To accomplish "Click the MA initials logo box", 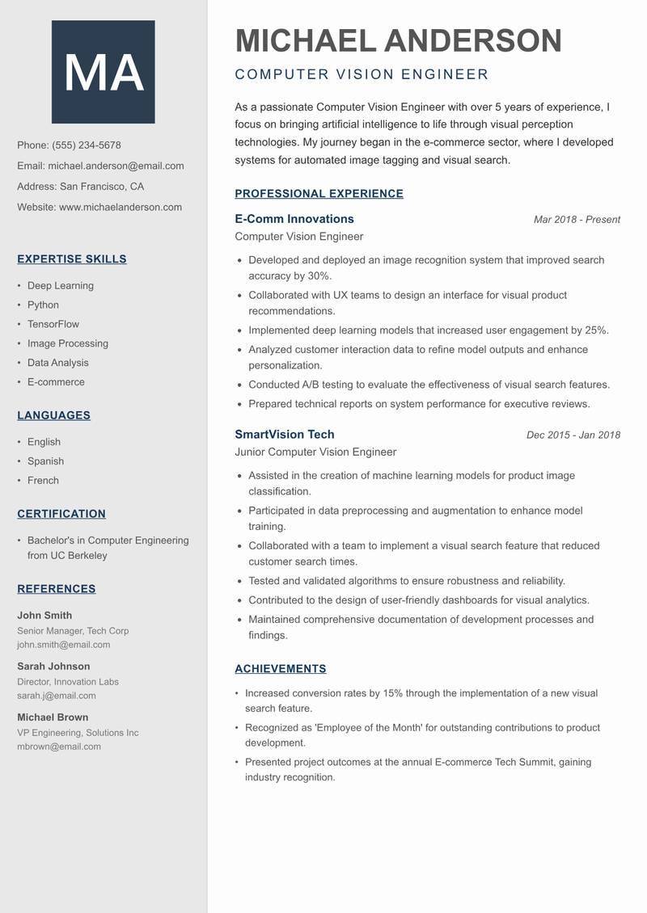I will (103, 72).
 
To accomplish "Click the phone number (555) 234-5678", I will (87, 145).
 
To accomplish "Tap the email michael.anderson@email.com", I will (116, 166).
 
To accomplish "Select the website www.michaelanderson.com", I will (121, 207).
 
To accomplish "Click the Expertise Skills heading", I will (72, 259).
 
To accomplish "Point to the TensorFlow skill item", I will (53, 324).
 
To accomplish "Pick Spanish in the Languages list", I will (45, 461).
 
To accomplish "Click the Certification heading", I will (61, 514).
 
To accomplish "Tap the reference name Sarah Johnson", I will (53, 667).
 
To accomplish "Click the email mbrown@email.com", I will (59, 747).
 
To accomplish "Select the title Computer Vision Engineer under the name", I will (362, 75).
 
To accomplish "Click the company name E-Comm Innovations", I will (294, 219).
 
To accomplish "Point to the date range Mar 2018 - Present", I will (577, 220).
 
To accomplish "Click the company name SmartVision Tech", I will (284, 435).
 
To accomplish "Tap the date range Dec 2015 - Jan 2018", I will (573, 435).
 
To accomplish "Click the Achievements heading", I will (280, 669).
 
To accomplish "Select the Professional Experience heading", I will (319, 194).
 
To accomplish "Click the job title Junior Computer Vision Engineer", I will (315, 452).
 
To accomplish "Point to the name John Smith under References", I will (44, 616).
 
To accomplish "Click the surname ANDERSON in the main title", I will (472, 41).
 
